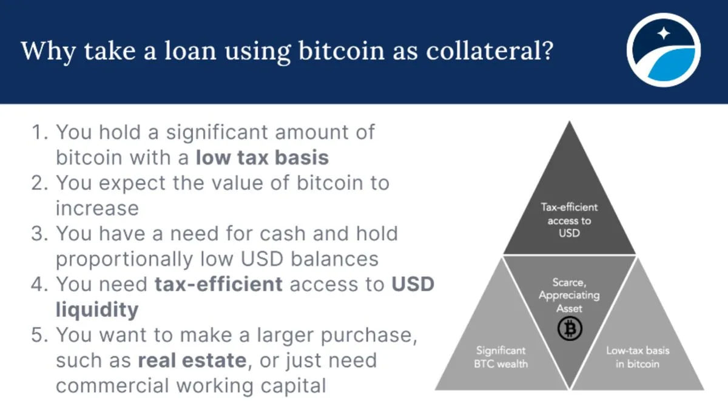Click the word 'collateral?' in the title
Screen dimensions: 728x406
tap(490, 51)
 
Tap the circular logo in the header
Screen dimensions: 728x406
tap(663, 50)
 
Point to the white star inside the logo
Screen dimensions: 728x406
tap(664, 33)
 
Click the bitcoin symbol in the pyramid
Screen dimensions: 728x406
tap(570, 329)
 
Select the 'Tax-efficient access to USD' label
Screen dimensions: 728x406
tap(569, 220)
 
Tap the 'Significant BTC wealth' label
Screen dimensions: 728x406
tap(501, 357)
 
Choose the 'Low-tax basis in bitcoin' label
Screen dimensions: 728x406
tap(638, 357)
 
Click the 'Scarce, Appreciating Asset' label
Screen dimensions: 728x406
tap(569, 295)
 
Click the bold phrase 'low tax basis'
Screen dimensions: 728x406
tap(262, 158)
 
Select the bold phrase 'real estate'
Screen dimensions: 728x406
tap(192, 360)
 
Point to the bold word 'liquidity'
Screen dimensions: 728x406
tap(97, 310)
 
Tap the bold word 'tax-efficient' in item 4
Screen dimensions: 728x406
tap(218, 284)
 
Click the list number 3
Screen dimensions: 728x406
tap(39, 234)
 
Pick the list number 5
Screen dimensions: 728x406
tap(39, 335)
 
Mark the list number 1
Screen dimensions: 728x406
tap(39, 132)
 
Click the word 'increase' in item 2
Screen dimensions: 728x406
tap(97, 208)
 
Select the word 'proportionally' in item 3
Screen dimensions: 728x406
tap(124, 259)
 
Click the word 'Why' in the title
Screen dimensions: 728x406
tap(49, 52)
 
